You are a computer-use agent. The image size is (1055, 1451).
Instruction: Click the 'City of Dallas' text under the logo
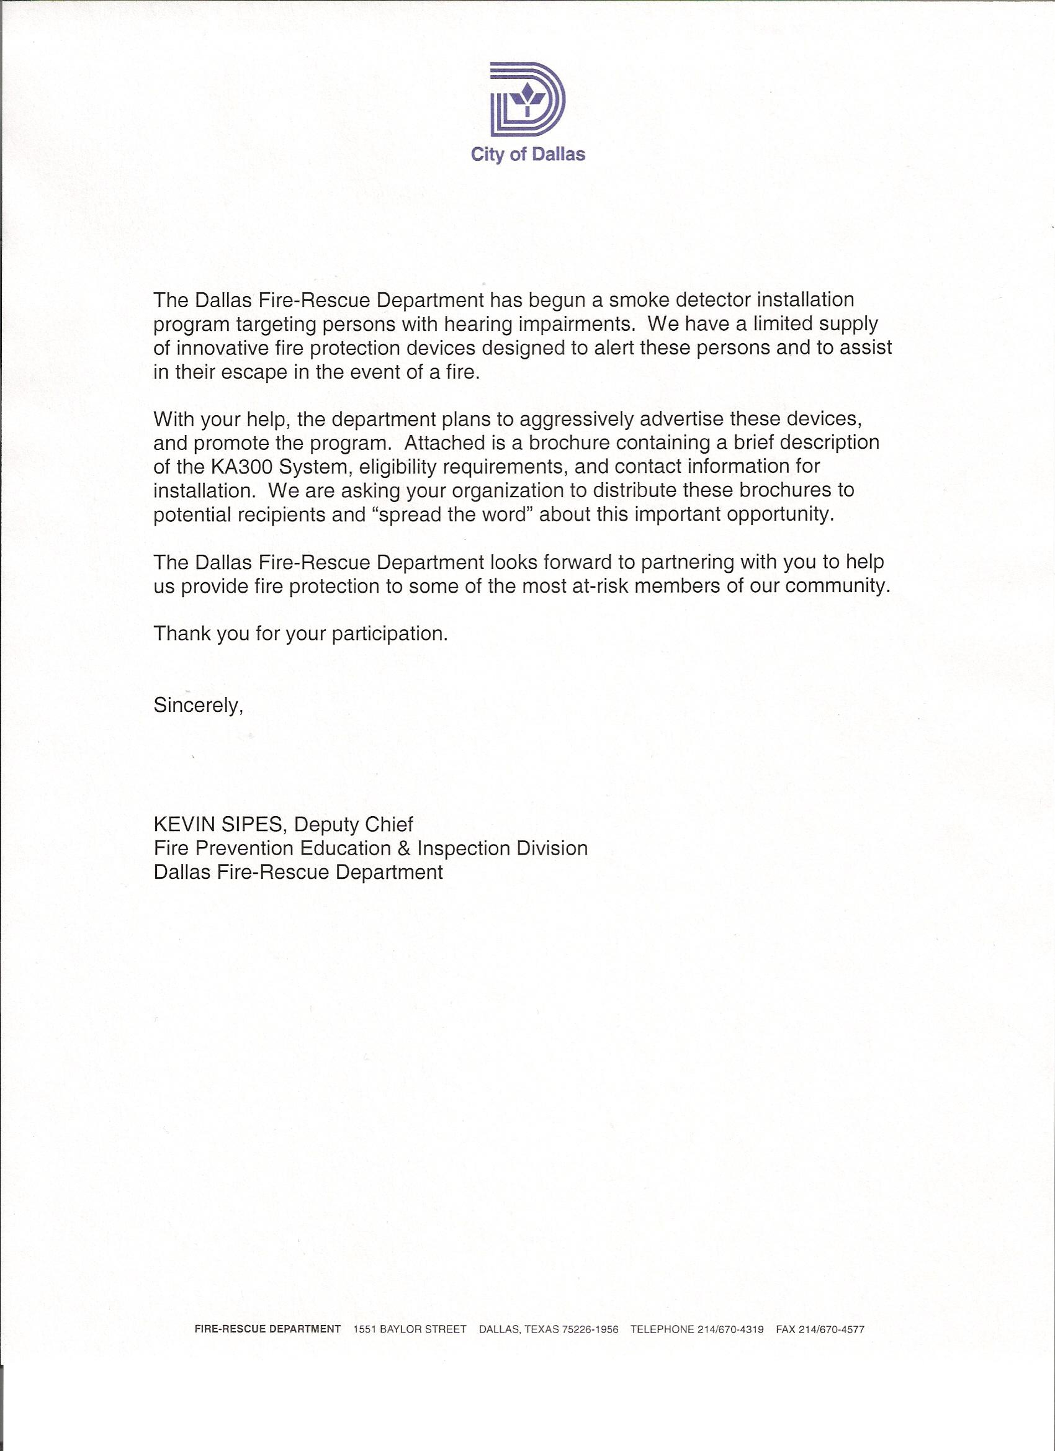[x=528, y=155]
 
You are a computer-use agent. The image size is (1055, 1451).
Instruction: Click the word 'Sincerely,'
[x=199, y=705]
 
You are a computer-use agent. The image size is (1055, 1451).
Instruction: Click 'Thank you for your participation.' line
[x=301, y=634]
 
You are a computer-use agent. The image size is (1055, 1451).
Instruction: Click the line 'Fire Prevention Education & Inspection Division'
[x=370, y=848]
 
